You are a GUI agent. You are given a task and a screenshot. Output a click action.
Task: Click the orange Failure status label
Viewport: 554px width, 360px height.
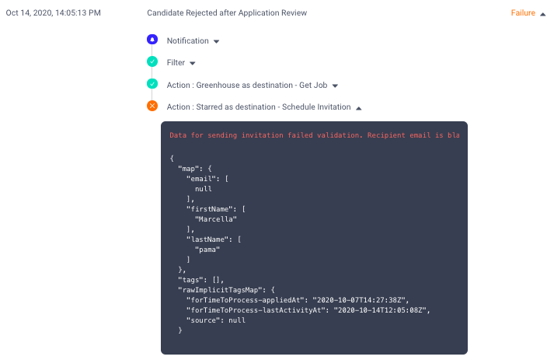click(x=523, y=12)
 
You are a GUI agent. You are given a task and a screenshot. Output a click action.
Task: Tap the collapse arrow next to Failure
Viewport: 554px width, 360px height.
click(x=542, y=14)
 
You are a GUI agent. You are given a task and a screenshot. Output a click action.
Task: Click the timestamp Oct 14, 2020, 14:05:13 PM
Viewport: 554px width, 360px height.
click(x=54, y=12)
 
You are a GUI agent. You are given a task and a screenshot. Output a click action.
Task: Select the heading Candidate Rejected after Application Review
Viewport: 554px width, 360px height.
click(x=227, y=12)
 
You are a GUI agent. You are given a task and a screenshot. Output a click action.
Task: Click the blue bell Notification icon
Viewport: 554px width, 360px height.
click(x=152, y=40)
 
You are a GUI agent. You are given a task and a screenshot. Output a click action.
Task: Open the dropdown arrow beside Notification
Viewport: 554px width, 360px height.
click(x=216, y=41)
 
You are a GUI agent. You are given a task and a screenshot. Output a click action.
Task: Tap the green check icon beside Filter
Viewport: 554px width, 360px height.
click(x=152, y=61)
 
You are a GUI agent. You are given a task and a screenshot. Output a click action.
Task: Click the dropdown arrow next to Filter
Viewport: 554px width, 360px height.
click(x=192, y=63)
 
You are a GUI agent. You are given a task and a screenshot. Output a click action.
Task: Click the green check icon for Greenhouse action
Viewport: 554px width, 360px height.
click(x=152, y=84)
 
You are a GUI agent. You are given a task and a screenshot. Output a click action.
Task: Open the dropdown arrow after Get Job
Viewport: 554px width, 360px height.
click(x=335, y=86)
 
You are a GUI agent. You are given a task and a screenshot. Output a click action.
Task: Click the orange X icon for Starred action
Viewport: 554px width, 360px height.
click(x=152, y=106)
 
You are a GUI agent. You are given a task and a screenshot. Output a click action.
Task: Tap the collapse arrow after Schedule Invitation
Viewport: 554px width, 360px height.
click(x=359, y=108)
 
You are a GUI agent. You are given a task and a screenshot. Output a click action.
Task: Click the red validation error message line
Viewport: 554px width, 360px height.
click(x=315, y=135)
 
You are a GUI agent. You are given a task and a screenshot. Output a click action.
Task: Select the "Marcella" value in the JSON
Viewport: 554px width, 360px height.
click(x=216, y=219)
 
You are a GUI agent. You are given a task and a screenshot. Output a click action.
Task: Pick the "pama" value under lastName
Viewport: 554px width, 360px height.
click(x=207, y=250)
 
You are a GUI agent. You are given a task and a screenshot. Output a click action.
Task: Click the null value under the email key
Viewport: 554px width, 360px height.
click(x=204, y=189)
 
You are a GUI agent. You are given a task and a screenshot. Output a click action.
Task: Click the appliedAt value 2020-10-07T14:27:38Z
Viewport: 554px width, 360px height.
click(x=359, y=300)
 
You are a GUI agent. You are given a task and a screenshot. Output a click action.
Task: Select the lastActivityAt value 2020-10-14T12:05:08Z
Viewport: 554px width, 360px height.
click(x=380, y=310)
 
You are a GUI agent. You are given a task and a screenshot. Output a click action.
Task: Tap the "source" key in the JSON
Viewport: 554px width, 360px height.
click(x=203, y=320)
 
